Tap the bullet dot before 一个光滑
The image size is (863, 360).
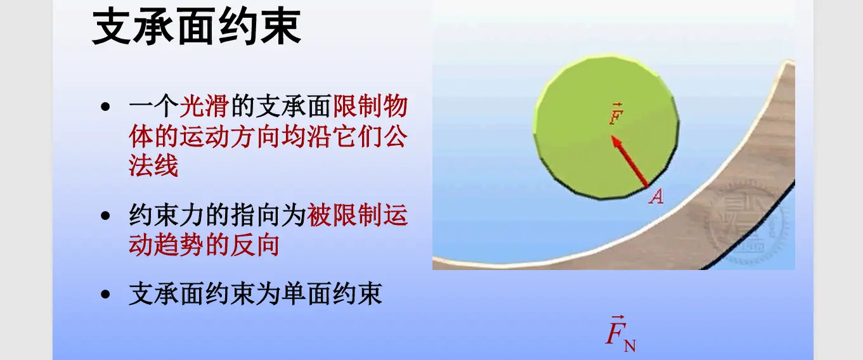pos(106,107)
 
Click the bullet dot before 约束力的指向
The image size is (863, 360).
pos(106,216)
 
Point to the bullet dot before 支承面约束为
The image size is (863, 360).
pos(106,295)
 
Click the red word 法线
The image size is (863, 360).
pos(153,166)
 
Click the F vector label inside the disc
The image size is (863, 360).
pos(614,115)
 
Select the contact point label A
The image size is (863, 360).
pos(656,198)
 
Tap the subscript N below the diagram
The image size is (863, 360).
pos(630,346)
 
